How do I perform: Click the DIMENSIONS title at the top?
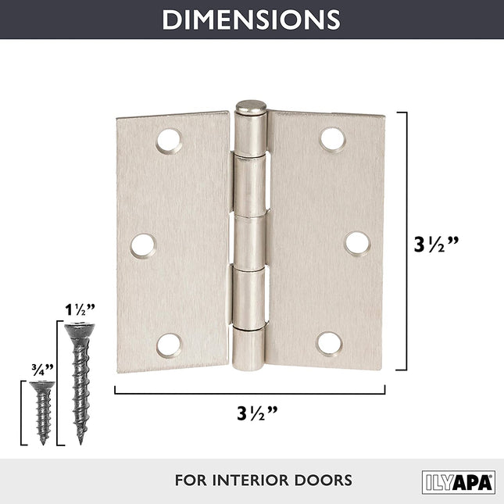(x=251, y=19)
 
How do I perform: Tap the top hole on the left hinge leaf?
(x=169, y=141)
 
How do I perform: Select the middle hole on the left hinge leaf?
(x=143, y=245)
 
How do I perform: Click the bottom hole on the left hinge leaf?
(x=169, y=345)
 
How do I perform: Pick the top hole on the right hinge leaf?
(x=332, y=139)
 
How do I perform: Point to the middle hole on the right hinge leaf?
(x=357, y=243)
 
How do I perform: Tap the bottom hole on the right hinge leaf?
(x=329, y=343)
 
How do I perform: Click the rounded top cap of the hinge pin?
(x=250, y=108)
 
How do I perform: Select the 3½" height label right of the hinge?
(x=436, y=243)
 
